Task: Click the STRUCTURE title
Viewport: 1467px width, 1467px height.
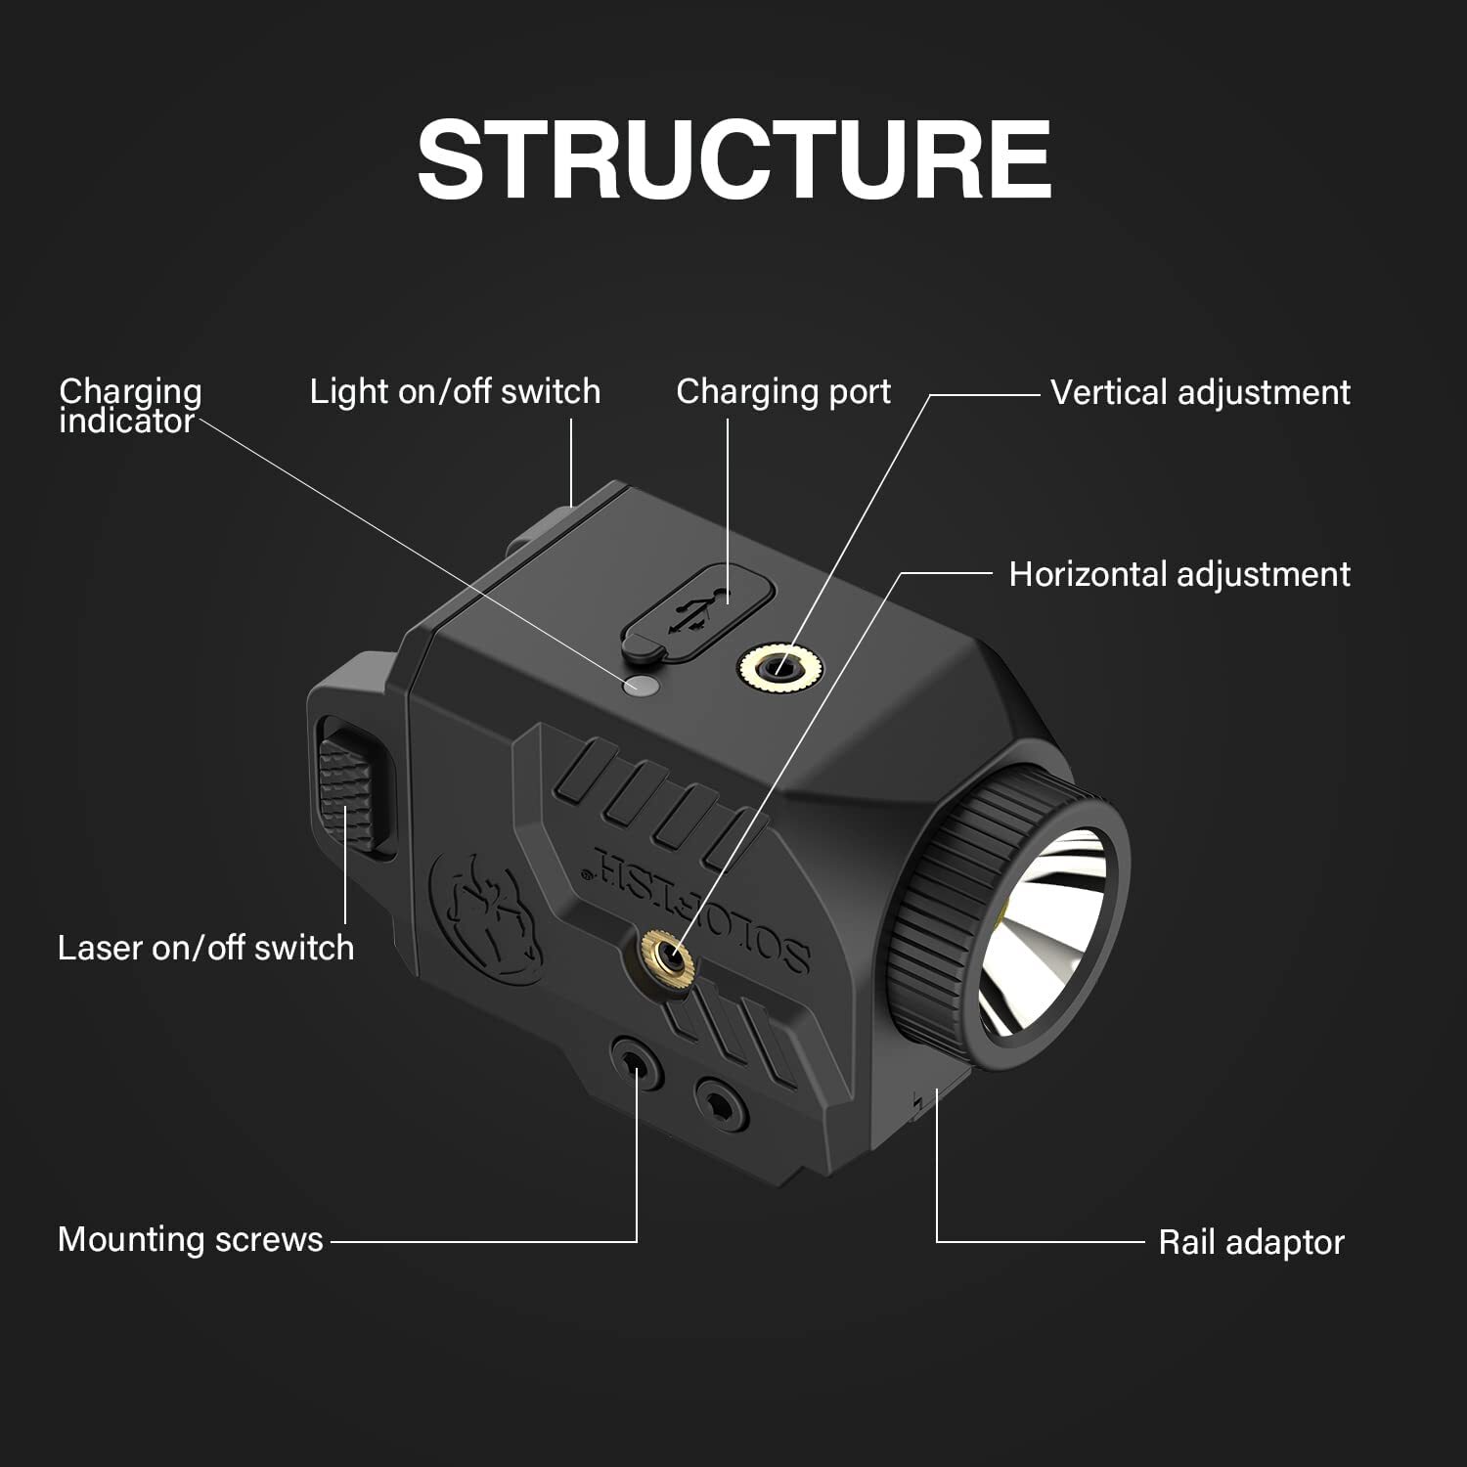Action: pos(733,159)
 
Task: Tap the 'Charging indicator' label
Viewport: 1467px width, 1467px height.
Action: pos(129,406)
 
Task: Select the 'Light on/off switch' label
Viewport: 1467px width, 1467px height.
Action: pos(455,391)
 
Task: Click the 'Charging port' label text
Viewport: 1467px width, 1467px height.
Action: pos(782,391)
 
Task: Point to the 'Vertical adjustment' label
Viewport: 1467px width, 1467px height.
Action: pos(1199,392)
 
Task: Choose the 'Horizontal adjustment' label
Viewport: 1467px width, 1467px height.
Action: pos(1178,574)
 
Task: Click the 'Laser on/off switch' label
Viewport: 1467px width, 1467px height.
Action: pos(205,948)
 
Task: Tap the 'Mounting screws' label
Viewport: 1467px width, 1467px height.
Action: pos(190,1239)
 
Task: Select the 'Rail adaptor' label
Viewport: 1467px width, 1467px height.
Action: pos(1250,1242)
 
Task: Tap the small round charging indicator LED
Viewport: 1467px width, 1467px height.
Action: pos(640,686)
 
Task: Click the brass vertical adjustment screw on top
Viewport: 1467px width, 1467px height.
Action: pos(780,669)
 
